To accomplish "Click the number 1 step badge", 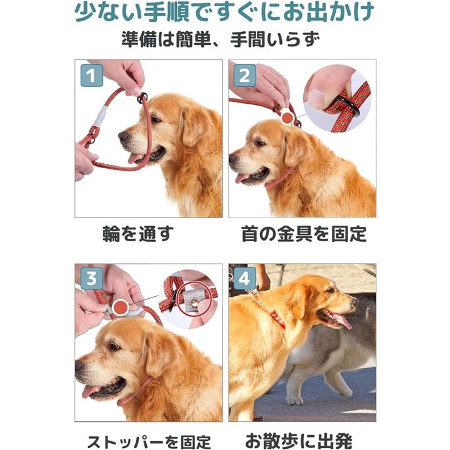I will pyautogui.click(x=92, y=77).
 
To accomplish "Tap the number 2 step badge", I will pyautogui.click(x=244, y=77).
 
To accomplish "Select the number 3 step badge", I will pyautogui.click(x=92, y=279).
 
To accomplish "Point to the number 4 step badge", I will pyautogui.click(x=244, y=279).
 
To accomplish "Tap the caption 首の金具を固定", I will pyautogui.click(x=304, y=234).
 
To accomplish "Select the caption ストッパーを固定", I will pyautogui.click(x=148, y=441).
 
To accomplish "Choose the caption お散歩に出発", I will pyautogui.click(x=304, y=441).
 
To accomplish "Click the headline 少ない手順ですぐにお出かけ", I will pyautogui.click(x=225, y=12).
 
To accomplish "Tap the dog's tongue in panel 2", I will pyautogui.click(x=242, y=178).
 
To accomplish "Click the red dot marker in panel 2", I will pyautogui.click(x=287, y=117).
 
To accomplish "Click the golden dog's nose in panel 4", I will pyautogui.click(x=353, y=302).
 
